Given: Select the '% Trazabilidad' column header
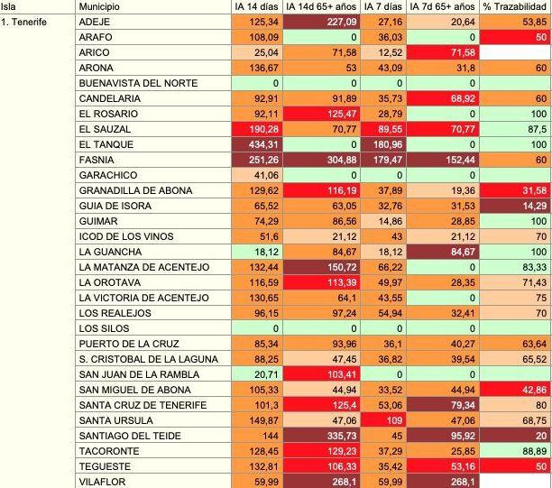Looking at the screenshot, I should click(514, 6).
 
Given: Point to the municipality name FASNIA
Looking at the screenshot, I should click(97, 158).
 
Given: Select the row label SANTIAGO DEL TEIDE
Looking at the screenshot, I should click(130, 435).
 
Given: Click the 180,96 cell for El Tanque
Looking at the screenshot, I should click(384, 143).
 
